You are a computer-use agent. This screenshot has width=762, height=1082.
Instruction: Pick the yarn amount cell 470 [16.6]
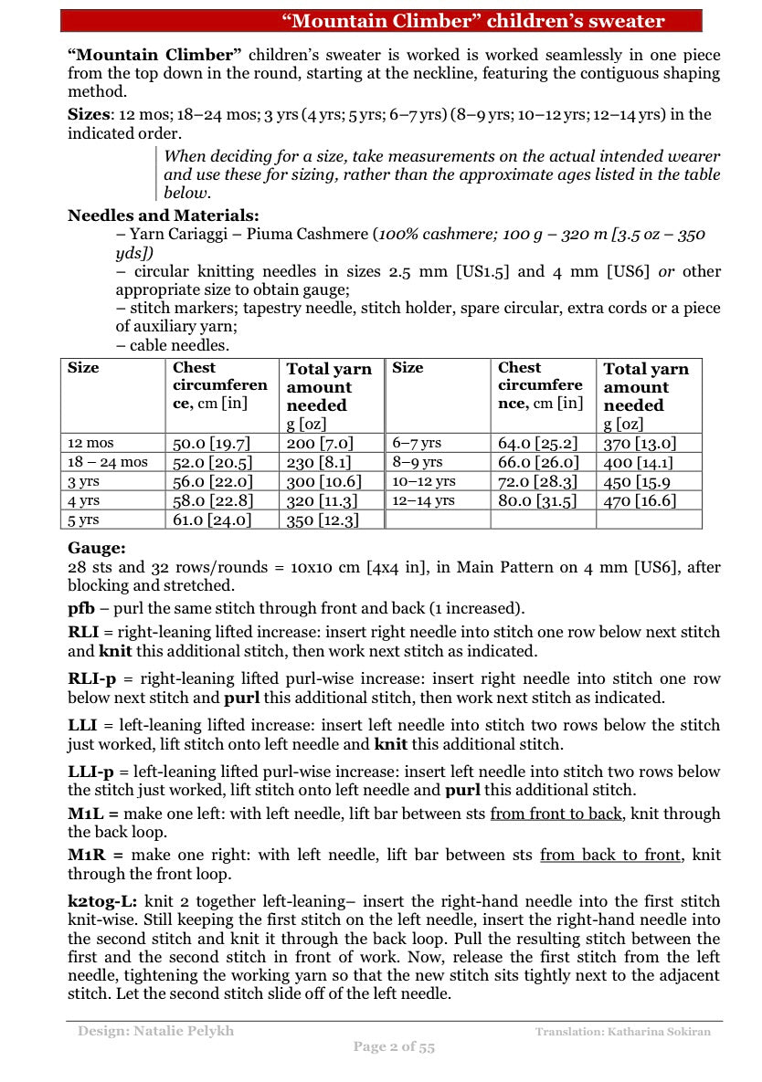click(x=640, y=500)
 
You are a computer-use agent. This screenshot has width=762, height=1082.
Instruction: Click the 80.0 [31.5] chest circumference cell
click(x=537, y=500)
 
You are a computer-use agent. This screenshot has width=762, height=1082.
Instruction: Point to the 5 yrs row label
click(x=83, y=520)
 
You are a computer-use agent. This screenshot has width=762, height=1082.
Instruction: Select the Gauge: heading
click(x=96, y=549)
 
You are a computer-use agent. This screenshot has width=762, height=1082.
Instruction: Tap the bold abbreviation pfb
click(x=81, y=607)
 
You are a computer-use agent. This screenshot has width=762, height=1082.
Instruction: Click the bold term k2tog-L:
click(x=102, y=901)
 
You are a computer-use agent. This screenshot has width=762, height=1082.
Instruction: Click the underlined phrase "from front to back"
click(x=556, y=814)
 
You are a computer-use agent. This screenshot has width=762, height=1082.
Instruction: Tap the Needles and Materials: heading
click(x=163, y=215)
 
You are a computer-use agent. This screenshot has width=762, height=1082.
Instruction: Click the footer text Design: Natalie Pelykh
click(x=155, y=1031)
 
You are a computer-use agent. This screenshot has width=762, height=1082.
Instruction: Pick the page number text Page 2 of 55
click(x=394, y=1047)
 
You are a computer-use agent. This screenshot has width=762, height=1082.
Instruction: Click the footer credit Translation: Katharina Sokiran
click(x=622, y=1032)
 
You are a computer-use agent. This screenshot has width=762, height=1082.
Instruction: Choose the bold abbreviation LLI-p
click(x=90, y=772)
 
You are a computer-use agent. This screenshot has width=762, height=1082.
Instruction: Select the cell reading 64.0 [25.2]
click(x=537, y=444)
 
